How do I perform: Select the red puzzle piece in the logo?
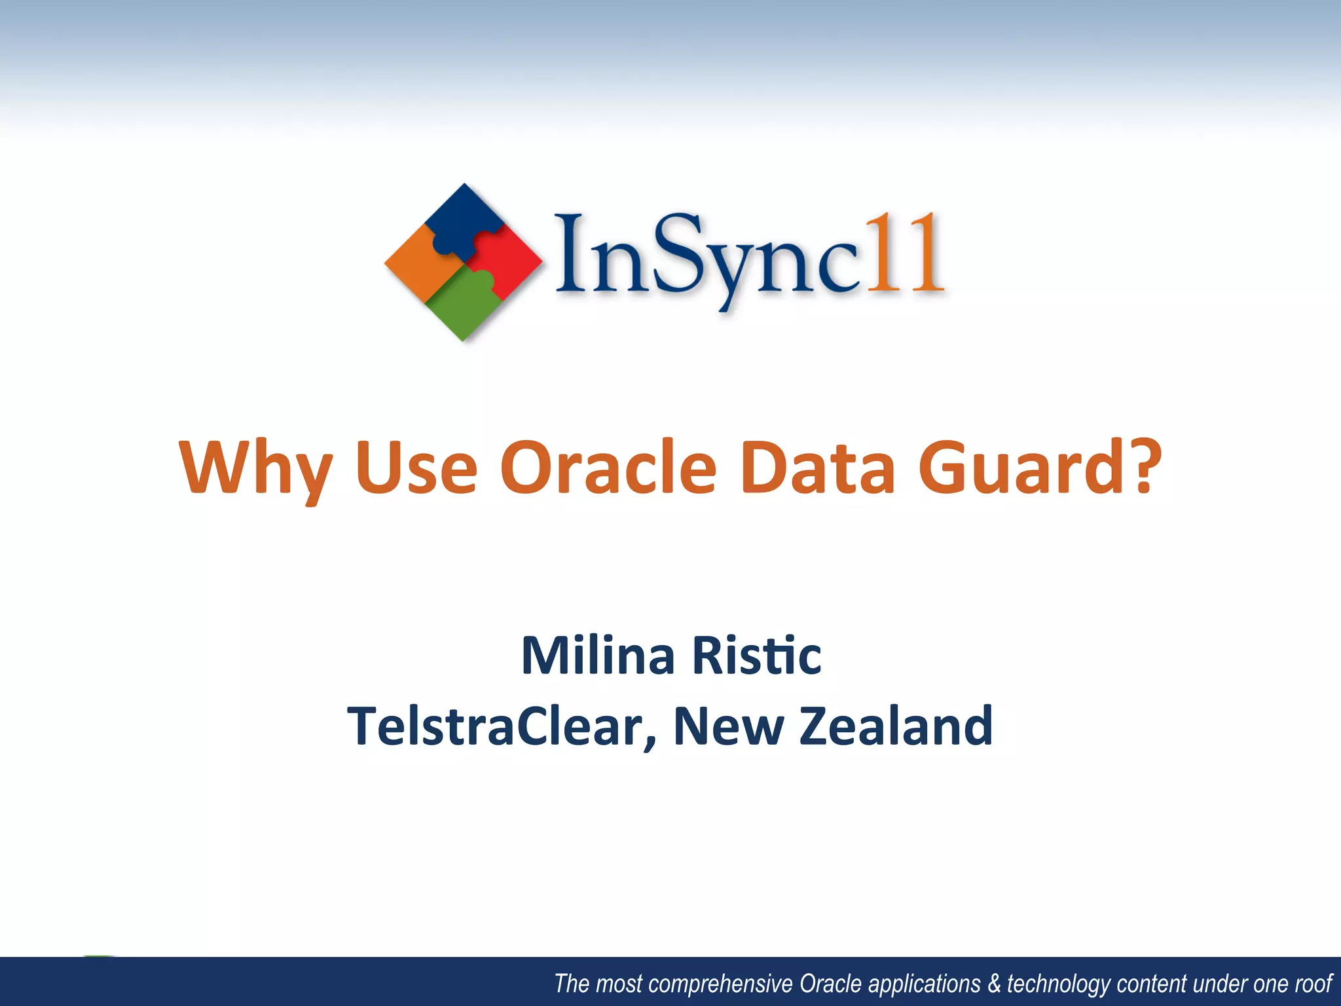[x=507, y=259]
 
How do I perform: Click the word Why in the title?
[x=255, y=468]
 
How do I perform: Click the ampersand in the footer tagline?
[x=994, y=983]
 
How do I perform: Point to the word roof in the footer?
[x=1313, y=983]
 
